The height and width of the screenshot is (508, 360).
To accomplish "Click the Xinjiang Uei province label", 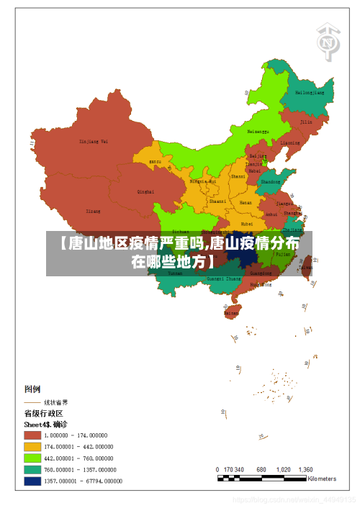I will coord(94,142).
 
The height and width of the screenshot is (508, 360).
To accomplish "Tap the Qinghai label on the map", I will coord(145,192).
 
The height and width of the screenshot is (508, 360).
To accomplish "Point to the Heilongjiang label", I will coord(311,93).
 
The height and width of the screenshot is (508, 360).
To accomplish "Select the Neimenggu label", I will coord(258,132).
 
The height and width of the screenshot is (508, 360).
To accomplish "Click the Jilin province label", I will coord(306,122).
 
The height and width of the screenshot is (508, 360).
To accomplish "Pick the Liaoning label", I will coord(289,142).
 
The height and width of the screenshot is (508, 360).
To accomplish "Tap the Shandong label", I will coord(270,182).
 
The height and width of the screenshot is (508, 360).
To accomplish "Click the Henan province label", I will coord(246,203).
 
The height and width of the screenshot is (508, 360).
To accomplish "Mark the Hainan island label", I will coord(231,314).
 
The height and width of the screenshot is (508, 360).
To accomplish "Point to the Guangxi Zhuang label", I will coord(223,278).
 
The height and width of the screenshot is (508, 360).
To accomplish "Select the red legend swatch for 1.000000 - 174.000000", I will coord(32,435).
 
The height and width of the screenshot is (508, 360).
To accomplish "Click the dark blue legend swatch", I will coord(32,481).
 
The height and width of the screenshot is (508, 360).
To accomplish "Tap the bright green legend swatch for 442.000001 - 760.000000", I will coord(32,458).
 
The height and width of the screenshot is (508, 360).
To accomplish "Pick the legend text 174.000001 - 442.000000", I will coord(79,447).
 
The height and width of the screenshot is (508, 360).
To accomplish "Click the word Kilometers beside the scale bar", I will coord(322,478).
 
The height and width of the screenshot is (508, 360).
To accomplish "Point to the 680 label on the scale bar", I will coord(261,469).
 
